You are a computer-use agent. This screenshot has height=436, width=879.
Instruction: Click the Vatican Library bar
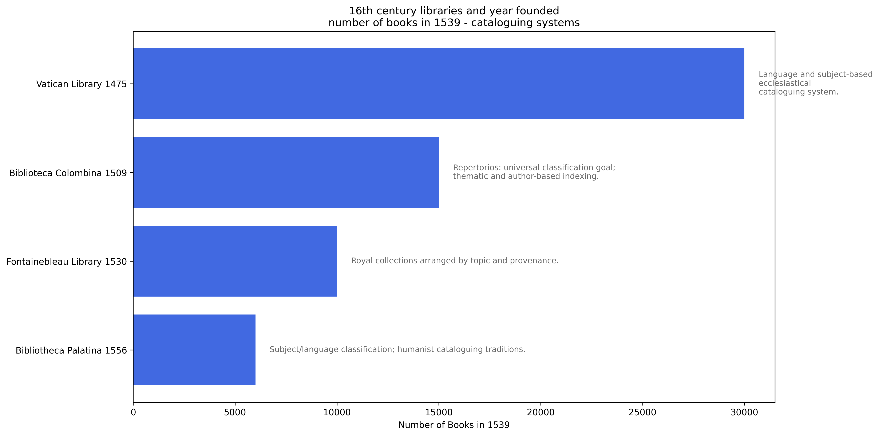(x=439, y=84)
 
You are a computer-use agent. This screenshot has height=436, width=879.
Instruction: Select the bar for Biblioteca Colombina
(x=286, y=173)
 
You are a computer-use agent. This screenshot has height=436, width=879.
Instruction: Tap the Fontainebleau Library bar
(x=235, y=261)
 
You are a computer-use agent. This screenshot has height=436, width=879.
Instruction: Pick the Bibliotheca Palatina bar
(x=194, y=350)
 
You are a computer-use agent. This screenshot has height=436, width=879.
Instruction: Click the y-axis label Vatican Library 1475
(x=81, y=84)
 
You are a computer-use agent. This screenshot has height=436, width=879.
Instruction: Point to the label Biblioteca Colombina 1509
(x=68, y=173)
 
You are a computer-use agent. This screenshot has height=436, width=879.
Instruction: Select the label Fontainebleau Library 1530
(x=67, y=262)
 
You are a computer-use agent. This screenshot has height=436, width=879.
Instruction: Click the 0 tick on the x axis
(x=133, y=412)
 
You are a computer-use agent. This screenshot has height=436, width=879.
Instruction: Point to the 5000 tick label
(x=235, y=412)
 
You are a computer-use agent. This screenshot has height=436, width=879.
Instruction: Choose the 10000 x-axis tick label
(x=337, y=412)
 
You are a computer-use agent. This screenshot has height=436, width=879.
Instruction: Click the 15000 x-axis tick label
(x=439, y=412)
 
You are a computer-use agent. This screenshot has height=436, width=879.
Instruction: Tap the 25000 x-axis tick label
(x=642, y=412)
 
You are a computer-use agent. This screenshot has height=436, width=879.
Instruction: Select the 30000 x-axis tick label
(x=744, y=412)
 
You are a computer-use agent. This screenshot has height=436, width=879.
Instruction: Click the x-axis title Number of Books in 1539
(x=454, y=425)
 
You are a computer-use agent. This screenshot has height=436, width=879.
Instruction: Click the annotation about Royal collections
(x=455, y=261)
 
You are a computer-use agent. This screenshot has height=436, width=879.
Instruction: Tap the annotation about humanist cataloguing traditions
(x=397, y=350)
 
